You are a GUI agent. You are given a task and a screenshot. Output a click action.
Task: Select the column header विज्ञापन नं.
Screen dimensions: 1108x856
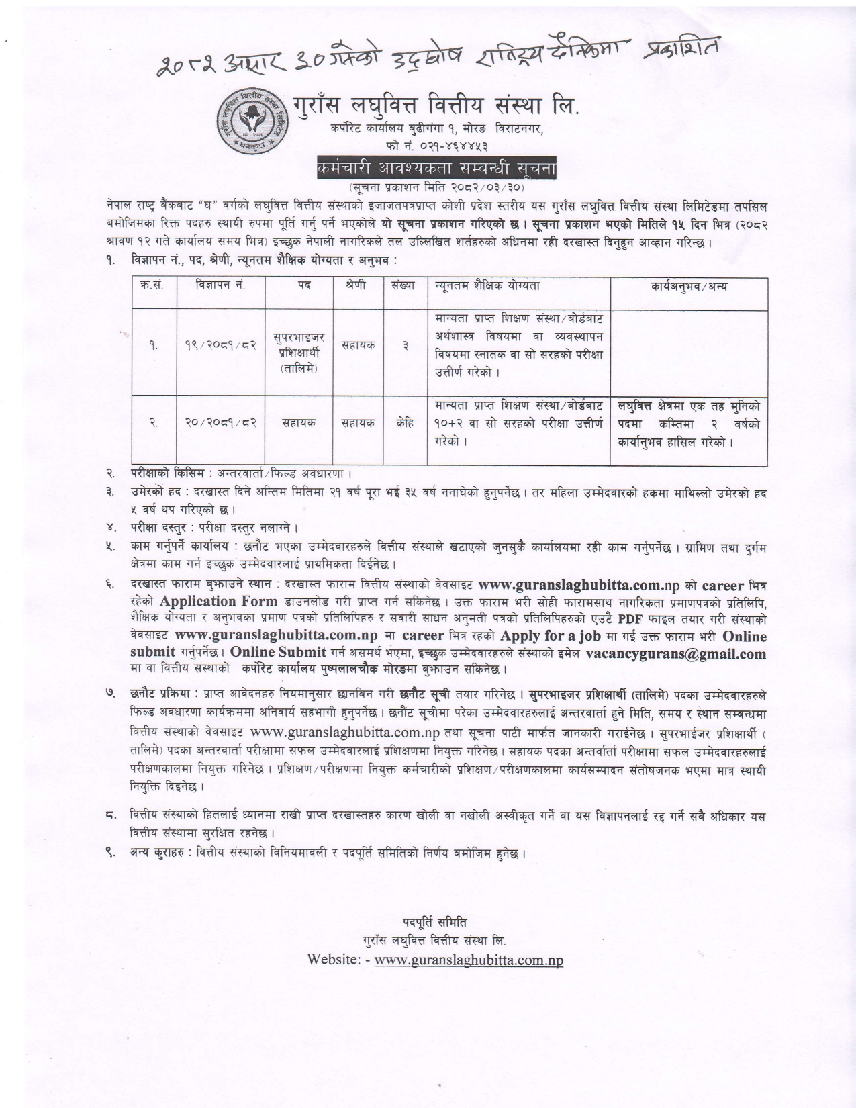tap(220, 286)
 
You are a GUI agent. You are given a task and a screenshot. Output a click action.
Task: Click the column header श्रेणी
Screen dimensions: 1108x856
tap(359, 286)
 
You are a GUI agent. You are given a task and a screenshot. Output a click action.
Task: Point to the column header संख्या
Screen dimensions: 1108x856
tap(404, 286)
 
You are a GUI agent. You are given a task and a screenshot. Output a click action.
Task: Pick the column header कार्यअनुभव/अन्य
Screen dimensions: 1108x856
tap(688, 286)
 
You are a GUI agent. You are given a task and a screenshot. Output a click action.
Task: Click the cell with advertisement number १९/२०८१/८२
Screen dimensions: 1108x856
tap(220, 345)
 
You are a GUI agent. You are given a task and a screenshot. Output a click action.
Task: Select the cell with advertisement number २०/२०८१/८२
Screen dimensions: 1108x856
tap(220, 422)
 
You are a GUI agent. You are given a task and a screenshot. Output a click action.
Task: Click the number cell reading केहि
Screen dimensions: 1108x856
tap(404, 422)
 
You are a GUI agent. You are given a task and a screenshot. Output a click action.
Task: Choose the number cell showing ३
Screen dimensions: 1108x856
tap(404, 345)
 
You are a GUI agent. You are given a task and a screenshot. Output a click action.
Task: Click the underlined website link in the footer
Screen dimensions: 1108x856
tap(469, 960)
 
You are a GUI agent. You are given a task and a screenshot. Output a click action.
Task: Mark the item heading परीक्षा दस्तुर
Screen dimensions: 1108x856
tap(158, 527)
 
